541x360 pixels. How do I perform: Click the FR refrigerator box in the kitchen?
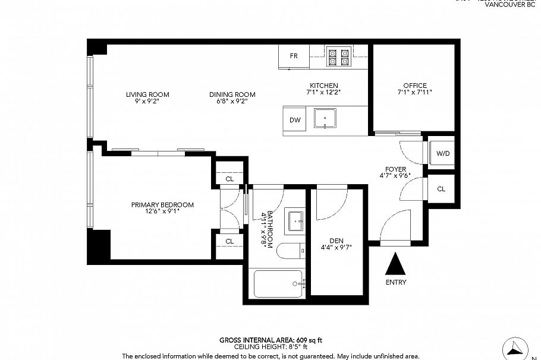[294, 56]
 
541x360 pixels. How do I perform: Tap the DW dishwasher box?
[295, 120]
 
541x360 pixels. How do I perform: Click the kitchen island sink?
[325, 119]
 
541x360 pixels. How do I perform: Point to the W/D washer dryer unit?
[442, 154]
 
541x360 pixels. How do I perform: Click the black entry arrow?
[396, 263]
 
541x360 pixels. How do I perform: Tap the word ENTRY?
[396, 282]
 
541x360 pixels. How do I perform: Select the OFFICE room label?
[414, 86]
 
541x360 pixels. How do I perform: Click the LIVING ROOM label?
[147, 94]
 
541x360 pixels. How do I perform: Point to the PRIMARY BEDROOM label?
[162, 205]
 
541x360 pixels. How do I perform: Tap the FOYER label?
[396, 169]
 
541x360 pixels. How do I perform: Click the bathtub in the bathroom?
[278, 285]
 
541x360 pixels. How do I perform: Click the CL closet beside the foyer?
[441, 189]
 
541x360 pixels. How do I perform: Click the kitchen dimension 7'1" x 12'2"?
[323, 93]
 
